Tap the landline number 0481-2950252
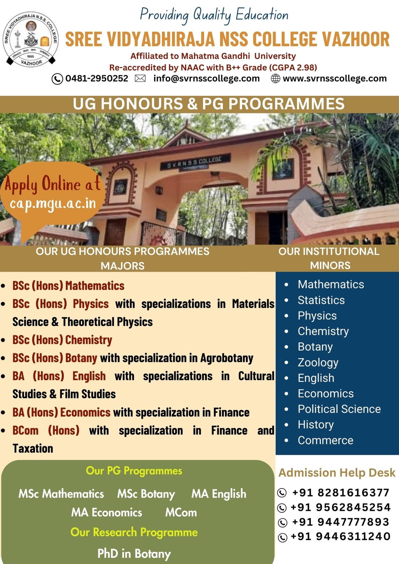(x=96, y=78)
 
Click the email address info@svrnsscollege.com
(x=206, y=78)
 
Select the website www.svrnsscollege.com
(x=334, y=78)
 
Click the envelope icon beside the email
(x=140, y=78)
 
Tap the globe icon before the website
(x=275, y=78)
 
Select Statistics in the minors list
(x=321, y=300)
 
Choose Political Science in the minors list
(x=339, y=409)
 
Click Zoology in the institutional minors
(x=318, y=362)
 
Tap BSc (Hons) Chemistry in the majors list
(x=62, y=340)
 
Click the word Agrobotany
(x=226, y=358)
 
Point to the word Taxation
(x=33, y=448)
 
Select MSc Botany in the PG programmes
(x=146, y=494)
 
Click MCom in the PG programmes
(x=181, y=512)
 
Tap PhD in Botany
(x=134, y=554)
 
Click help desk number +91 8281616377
(x=340, y=493)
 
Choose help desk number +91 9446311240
(x=340, y=536)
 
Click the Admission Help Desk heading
(x=336, y=473)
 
